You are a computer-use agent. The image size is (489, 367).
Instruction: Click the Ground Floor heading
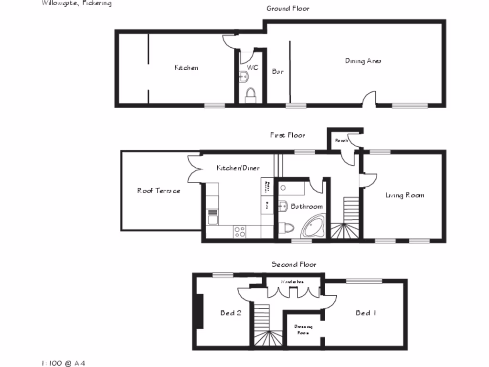(x=287, y=8)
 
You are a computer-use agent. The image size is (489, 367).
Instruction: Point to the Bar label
(x=277, y=72)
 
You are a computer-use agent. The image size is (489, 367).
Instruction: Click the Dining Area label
(x=363, y=61)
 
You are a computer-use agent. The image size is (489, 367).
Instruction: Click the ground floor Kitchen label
(x=186, y=68)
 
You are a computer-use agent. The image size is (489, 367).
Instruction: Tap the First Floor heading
(x=287, y=135)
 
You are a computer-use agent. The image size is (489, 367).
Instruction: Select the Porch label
(x=340, y=140)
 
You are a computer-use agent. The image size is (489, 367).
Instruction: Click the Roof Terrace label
(x=159, y=191)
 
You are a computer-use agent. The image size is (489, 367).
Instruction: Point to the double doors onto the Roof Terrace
(x=195, y=169)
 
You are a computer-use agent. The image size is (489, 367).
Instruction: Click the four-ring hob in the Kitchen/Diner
(x=239, y=232)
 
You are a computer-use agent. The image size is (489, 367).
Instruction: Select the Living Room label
(x=404, y=195)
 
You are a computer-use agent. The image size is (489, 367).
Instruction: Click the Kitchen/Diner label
(x=238, y=168)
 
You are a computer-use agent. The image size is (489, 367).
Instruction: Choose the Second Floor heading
(x=294, y=264)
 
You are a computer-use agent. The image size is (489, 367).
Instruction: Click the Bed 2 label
(x=231, y=313)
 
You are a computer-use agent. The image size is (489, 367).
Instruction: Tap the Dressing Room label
(x=303, y=330)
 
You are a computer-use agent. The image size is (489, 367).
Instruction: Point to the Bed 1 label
(x=366, y=313)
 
